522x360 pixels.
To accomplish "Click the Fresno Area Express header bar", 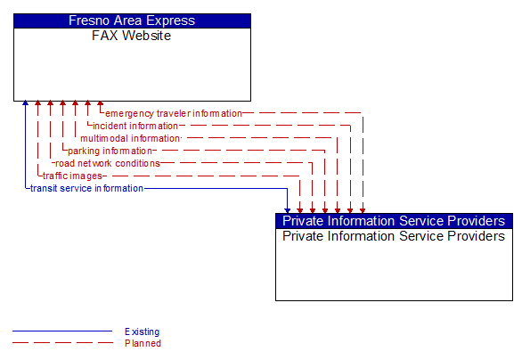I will [x=132, y=20].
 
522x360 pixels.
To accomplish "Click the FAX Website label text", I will [x=132, y=36].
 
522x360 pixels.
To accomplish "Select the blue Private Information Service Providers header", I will [x=394, y=221].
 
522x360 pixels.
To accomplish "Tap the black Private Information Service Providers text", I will [x=394, y=236].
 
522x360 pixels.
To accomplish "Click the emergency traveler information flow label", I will [x=173, y=113].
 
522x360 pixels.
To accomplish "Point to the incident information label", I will [x=135, y=126].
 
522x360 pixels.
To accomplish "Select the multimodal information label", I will [x=130, y=138].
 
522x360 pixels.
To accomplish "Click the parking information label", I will [x=110, y=151].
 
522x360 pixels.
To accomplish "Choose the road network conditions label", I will [x=107, y=163].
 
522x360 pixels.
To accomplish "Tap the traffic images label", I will [x=72, y=176].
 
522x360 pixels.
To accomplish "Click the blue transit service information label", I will [x=86, y=188].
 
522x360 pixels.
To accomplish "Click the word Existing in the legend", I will [x=143, y=332].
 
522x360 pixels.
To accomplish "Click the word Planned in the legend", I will [x=143, y=343].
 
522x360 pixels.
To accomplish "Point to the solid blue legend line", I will [x=62, y=332].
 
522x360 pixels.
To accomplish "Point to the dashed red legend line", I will [x=62, y=343].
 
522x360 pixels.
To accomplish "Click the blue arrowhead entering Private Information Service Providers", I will [x=287, y=209].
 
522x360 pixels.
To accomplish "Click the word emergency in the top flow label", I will [x=128, y=113].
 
